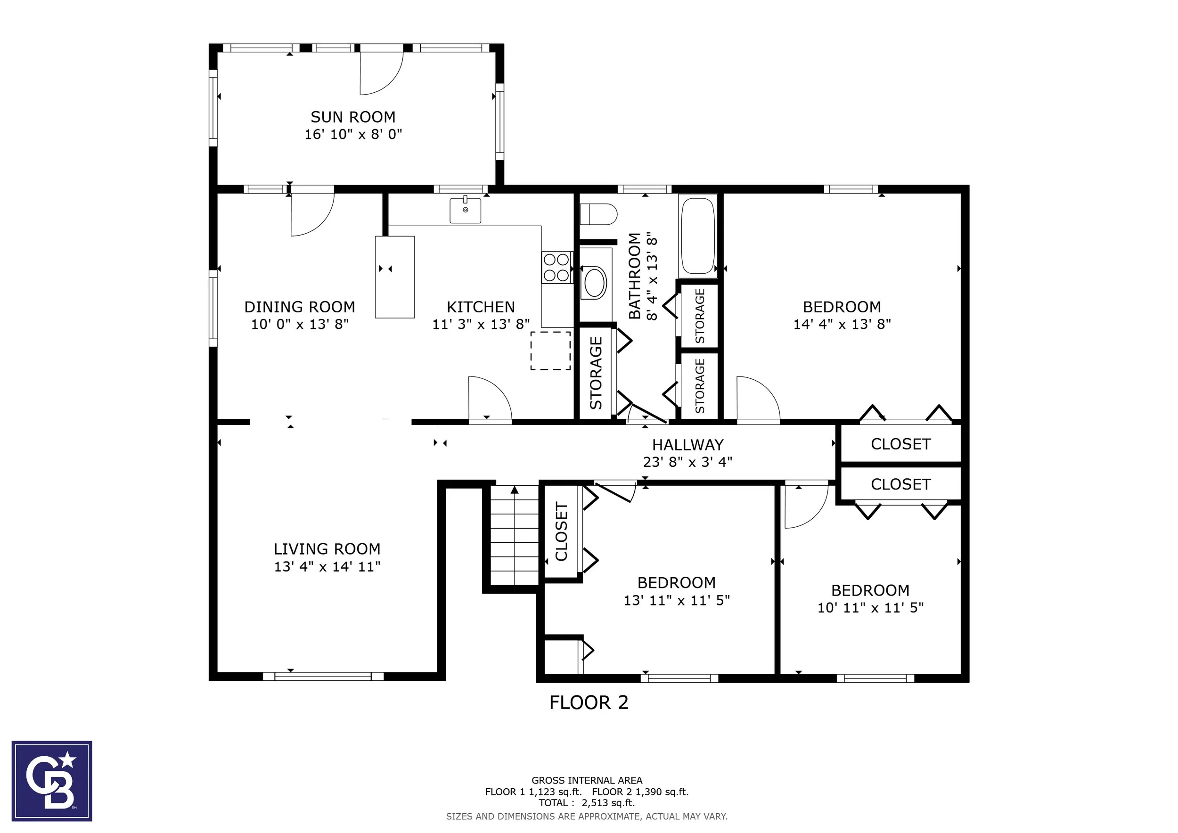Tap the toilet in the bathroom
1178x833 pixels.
(x=598, y=214)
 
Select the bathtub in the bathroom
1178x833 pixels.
(x=698, y=236)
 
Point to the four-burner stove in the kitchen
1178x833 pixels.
(x=556, y=268)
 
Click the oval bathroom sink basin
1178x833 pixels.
(x=595, y=283)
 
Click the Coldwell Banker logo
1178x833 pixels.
(x=52, y=781)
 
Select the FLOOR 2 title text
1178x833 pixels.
(x=589, y=702)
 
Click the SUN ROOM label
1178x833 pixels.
(x=353, y=117)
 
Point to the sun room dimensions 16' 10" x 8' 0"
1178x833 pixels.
(x=353, y=134)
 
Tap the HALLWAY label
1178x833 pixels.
(x=687, y=445)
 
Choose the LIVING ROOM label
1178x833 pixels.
(x=327, y=549)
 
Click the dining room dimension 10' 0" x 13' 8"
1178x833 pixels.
(x=300, y=324)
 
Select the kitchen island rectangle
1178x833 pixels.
(x=394, y=277)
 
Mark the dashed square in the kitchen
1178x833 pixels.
(x=550, y=351)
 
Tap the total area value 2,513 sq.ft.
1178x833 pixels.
(x=608, y=803)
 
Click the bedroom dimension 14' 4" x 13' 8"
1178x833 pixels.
(x=842, y=324)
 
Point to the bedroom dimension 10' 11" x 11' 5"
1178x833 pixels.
(x=870, y=608)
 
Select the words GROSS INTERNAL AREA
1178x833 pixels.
(x=587, y=780)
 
